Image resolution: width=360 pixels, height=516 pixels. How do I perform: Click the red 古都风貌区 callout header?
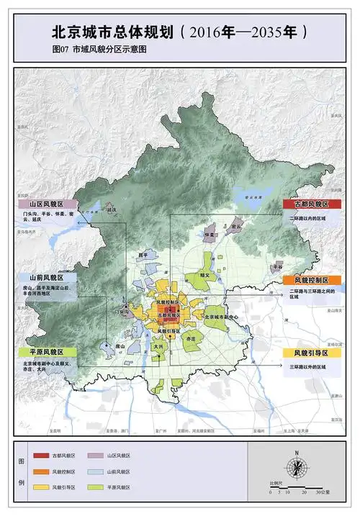(x=306, y=204)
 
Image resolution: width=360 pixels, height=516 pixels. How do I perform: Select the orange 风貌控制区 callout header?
(x=306, y=279)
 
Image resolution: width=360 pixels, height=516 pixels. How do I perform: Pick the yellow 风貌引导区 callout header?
(x=306, y=353)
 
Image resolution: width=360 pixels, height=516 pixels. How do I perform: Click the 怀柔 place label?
(x=210, y=235)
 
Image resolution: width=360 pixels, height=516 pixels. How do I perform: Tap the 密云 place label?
(x=235, y=227)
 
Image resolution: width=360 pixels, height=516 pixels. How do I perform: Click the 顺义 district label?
(x=205, y=275)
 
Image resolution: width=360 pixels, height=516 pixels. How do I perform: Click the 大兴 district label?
(x=158, y=346)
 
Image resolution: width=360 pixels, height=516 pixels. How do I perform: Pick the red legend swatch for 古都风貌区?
(x=42, y=456)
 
